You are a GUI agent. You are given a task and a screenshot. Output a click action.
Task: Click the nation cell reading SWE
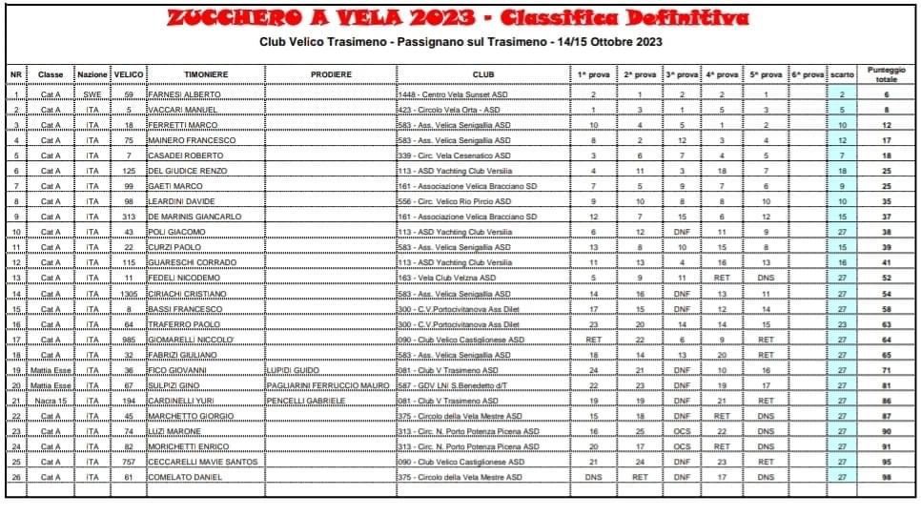click(x=92, y=95)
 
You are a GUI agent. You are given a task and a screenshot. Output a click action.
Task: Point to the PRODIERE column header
click(x=331, y=74)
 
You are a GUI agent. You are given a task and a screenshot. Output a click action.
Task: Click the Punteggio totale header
click(x=887, y=74)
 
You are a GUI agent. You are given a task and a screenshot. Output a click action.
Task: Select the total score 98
click(x=887, y=477)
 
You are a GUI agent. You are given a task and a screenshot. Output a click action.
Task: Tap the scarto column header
click(x=842, y=74)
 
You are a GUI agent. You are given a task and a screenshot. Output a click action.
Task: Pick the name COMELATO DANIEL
click(x=186, y=477)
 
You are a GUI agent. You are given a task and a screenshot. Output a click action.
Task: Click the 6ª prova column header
click(x=807, y=74)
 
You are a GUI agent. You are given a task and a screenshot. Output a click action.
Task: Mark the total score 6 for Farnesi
click(x=887, y=95)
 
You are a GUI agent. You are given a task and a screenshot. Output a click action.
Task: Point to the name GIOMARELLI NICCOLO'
click(x=193, y=340)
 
